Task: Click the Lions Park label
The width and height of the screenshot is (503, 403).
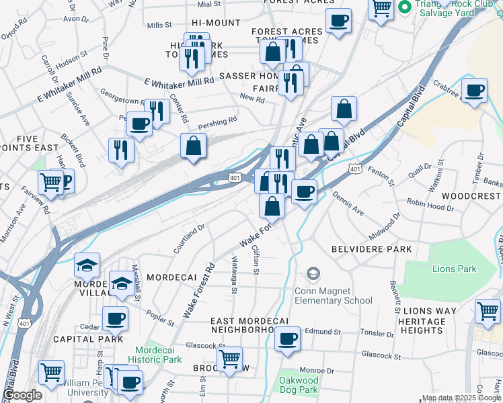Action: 454,269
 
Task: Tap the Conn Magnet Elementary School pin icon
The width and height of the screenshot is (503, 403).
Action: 313,273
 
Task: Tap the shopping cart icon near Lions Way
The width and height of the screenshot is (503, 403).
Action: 488,311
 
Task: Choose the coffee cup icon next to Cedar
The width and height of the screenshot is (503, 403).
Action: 115,318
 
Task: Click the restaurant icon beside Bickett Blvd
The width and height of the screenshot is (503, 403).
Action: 121,149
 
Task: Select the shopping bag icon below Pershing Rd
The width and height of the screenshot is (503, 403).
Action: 194,146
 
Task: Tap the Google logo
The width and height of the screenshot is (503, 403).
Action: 22,395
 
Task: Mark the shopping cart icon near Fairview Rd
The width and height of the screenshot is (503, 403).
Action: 51,181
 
